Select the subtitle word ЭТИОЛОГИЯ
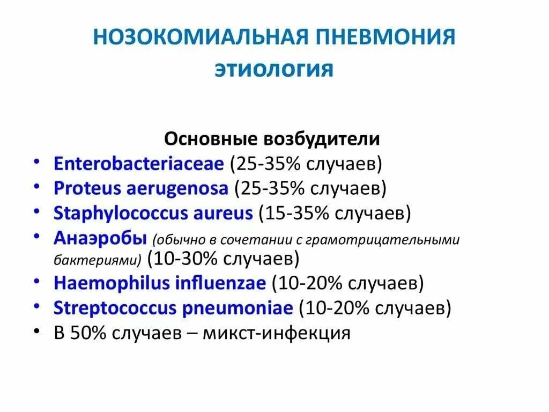pyautogui.click(x=274, y=70)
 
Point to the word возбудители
pyautogui.click(x=321, y=139)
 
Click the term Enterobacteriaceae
pyautogui.click(x=138, y=164)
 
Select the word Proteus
pyautogui.click(x=86, y=188)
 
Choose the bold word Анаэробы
pyautogui.click(x=100, y=238)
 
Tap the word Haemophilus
pyautogui.click(x=111, y=283)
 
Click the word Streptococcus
pyautogui.click(x=114, y=308)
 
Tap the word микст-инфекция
pyautogui.click(x=289, y=333)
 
